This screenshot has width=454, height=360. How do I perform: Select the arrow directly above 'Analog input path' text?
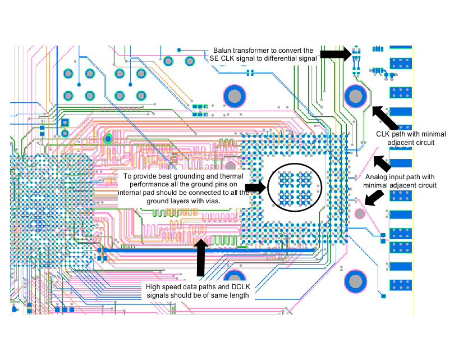[x=382, y=163]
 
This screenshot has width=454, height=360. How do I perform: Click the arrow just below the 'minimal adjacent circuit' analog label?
[x=374, y=197]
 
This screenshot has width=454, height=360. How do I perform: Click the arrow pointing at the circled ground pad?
[x=256, y=188]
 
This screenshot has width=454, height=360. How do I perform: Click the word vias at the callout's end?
[x=209, y=200]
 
